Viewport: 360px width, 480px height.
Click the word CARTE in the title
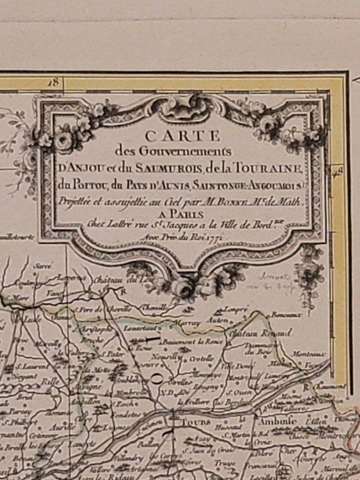(x=182, y=136)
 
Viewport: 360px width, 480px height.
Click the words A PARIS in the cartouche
(x=186, y=214)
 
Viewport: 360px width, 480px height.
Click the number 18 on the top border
(x=54, y=82)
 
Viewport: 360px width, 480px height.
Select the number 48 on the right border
(x=337, y=172)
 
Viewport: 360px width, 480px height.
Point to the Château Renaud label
(x=259, y=332)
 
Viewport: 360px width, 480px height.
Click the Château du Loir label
(x=117, y=280)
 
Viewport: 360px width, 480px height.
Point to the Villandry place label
(x=127, y=457)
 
